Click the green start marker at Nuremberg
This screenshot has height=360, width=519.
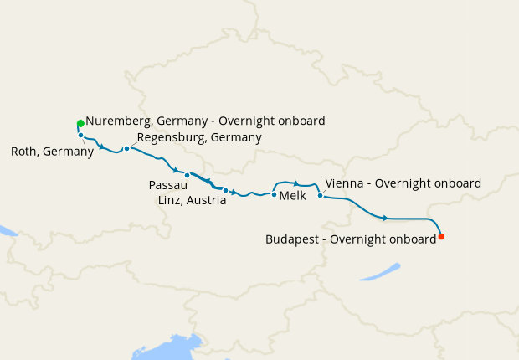tap(80, 123)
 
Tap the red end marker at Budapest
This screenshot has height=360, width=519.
tap(441, 236)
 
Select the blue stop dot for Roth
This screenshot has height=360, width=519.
tap(80, 135)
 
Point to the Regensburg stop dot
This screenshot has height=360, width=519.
tap(126, 149)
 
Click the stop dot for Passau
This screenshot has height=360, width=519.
tap(187, 175)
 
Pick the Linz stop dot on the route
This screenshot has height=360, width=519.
tap(225, 190)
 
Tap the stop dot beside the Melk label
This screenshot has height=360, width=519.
tap(274, 194)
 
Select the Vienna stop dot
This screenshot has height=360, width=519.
tap(321, 196)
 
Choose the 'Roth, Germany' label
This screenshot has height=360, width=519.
tap(52, 152)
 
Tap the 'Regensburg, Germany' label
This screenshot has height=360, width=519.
tap(199, 137)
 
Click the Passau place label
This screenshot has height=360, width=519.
tap(168, 184)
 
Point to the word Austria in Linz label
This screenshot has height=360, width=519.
tap(207, 201)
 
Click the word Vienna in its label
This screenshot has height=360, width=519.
tap(343, 183)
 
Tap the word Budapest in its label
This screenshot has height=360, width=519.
tap(295, 239)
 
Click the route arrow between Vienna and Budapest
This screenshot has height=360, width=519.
tap(385, 219)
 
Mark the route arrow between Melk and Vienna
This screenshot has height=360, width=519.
tap(296, 183)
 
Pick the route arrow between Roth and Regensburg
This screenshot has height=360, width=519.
tap(102, 148)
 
